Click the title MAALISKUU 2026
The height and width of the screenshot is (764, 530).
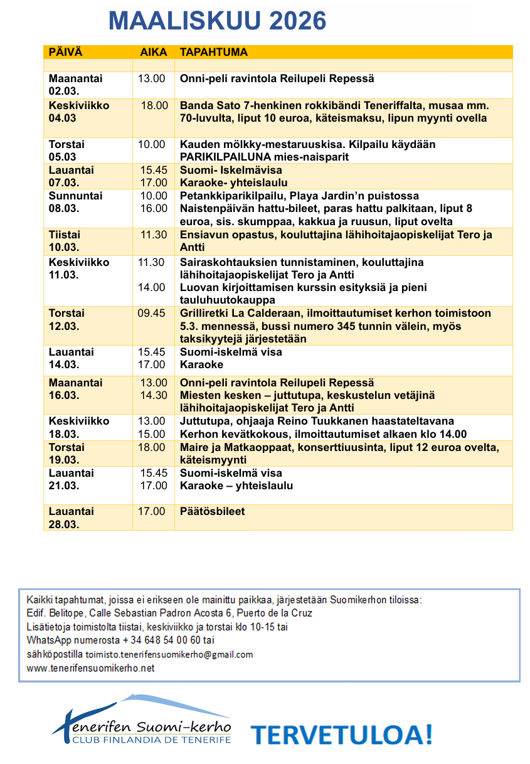pos(217,21)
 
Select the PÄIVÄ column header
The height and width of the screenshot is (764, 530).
pos(65,53)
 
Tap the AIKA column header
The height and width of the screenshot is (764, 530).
pos(153,53)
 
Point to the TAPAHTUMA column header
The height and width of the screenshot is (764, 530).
pos(214,53)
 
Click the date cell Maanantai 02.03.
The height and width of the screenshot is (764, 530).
pos(75,85)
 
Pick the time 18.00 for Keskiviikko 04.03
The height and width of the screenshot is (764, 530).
pos(154,105)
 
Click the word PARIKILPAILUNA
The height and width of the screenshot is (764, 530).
pos(220,157)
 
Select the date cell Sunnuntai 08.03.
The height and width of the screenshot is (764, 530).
pos(75,202)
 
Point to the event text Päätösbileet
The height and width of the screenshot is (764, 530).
pos(213,511)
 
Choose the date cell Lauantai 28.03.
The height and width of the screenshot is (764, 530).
pos(71,517)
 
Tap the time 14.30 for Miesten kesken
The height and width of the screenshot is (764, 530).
pos(154,395)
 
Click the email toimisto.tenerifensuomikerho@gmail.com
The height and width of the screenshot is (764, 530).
pos(169,654)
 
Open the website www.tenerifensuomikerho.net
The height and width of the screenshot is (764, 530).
pos(90,668)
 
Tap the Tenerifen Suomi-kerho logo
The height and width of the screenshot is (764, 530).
pos(142,721)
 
